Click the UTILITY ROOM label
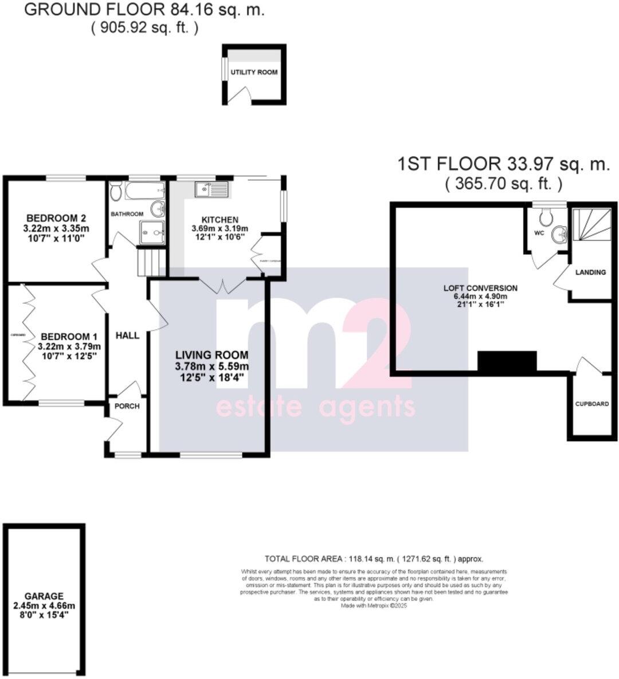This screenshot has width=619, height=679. (x=254, y=73)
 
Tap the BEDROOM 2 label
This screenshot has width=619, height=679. (x=56, y=218)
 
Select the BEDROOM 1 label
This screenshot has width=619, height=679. (x=66, y=337)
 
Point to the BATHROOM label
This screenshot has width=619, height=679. (x=127, y=214)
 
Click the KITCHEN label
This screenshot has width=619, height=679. (x=220, y=220)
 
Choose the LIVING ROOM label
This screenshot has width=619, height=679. (x=211, y=356)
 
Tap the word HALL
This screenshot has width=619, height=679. (x=127, y=335)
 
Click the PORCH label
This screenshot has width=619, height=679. (x=127, y=406)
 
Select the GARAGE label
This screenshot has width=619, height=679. (x=44, y=596)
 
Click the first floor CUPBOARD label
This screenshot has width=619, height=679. (x=592, y=404)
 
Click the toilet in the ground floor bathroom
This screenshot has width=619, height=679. (x=116, y=192)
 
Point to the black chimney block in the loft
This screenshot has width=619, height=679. (x=507, y=361)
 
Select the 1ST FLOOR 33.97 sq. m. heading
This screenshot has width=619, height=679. (x=504, y=165)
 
